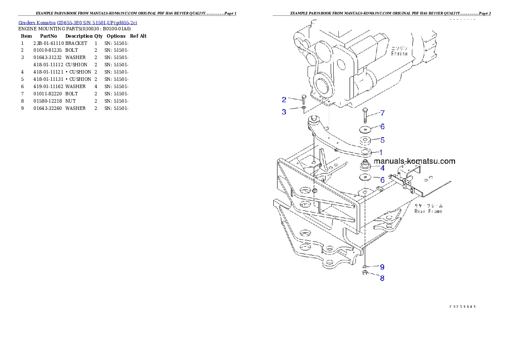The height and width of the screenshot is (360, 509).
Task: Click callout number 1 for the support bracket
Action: (381, 152)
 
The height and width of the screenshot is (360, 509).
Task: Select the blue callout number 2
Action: (284, 100)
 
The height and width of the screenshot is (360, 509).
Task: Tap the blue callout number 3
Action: (284, 112)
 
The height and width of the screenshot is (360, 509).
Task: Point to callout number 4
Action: (382, 168)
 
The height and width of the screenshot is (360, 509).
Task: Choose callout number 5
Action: (382, 140)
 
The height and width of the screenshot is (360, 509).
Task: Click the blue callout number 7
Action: (382, 113)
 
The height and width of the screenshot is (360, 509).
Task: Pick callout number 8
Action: (382, 278)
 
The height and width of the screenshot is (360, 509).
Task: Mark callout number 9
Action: (382, 267)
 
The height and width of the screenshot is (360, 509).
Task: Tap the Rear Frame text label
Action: (428, 211)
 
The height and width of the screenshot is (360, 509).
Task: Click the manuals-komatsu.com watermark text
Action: (414, 161)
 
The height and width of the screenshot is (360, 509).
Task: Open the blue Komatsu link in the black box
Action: (78, 23)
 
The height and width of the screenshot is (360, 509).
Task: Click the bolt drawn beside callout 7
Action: (365, 114)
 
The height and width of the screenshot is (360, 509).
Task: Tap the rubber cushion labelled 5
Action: (365, 141)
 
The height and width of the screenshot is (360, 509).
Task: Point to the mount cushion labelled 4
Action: (365, 165)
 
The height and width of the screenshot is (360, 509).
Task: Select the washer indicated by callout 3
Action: (304, 108)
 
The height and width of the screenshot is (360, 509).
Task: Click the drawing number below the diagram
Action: (462, 307)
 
